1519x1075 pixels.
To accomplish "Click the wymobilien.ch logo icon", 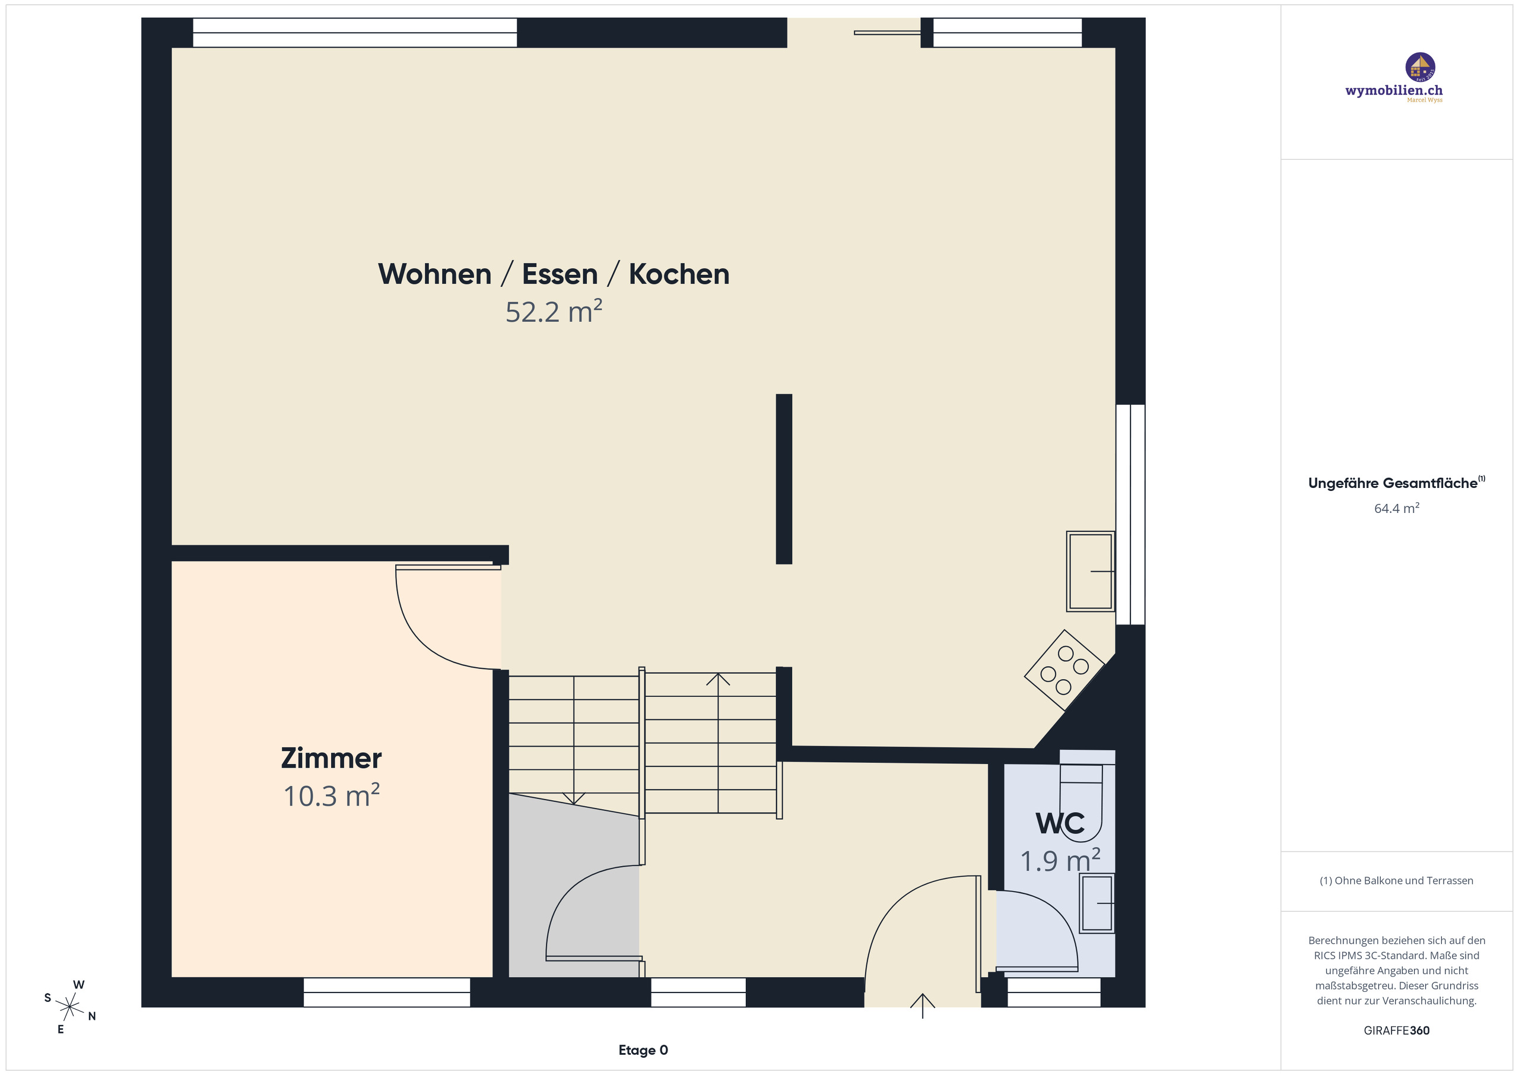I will pos(1420,67).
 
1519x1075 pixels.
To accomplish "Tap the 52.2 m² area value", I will pos(553,312).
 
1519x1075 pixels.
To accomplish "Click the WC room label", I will pos(1060,823).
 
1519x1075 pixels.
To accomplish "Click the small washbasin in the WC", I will pos(1097,903).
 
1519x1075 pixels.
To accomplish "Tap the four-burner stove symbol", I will pos(1064,670).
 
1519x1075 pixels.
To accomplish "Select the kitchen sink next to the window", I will pos(1089,570).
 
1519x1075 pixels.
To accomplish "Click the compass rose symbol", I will pos(69,1007).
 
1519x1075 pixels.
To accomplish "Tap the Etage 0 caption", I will pos(643,1050).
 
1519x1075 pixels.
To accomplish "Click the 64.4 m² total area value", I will pos(1396,508).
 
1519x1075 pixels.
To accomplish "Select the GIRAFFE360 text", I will pos(1396,1030).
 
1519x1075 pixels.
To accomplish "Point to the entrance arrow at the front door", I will pos(922,1004).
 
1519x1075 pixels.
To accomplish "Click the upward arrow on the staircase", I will pos(718,680).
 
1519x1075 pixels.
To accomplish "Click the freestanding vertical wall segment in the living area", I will pos(783,478).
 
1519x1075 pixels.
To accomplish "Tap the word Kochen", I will pos(679,274).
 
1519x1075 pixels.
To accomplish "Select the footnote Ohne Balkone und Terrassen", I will pos(1396,880).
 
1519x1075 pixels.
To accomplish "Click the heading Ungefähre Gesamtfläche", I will pos(1392,483).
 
